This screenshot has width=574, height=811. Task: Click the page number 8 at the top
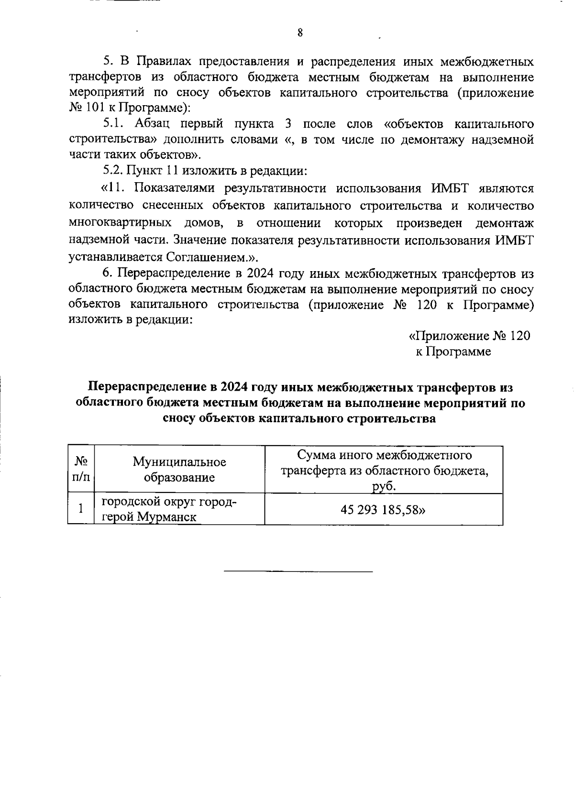[x=300, y=33]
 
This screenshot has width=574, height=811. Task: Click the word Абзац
[x=153, y=124]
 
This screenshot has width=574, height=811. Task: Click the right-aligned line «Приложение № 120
[x=469, y=336]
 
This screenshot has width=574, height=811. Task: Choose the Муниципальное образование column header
[x=179, y=469]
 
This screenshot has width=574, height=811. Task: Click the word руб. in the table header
[x=384, y=487]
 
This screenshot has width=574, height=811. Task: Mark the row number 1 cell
[x=81, y=509]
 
